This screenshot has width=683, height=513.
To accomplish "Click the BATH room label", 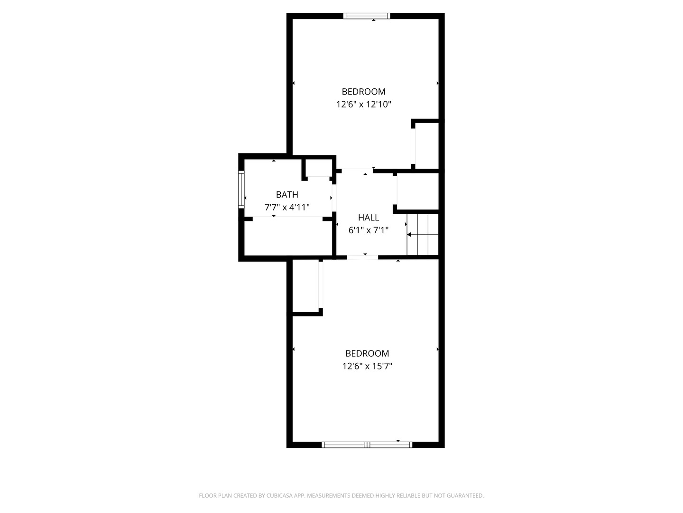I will point(287,194).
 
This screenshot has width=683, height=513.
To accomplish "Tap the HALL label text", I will point(368,218).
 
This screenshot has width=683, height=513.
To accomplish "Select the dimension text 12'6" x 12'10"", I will point(363,104).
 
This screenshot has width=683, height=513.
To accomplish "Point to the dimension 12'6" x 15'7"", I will point(367,366).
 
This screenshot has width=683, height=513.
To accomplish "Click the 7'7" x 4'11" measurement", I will point(287,207).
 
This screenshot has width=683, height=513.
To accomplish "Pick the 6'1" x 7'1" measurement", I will point(369,230).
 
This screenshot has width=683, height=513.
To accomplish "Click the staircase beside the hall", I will point(423,235).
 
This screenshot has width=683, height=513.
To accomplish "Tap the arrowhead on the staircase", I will point(409,235).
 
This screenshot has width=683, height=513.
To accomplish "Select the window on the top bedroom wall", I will point(367,16).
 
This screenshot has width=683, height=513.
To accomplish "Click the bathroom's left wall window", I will point(241,190).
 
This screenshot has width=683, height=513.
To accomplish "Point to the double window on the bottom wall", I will point(367,445).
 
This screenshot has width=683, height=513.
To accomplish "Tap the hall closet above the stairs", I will point(417,191).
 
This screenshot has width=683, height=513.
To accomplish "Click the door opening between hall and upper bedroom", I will point(357,170).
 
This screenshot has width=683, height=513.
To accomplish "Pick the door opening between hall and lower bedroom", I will point(362,257).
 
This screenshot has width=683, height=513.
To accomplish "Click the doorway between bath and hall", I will point(334,197).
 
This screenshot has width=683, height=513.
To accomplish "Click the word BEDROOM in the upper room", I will point(363,92).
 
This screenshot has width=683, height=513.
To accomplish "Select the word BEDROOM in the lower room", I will point(367,353).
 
